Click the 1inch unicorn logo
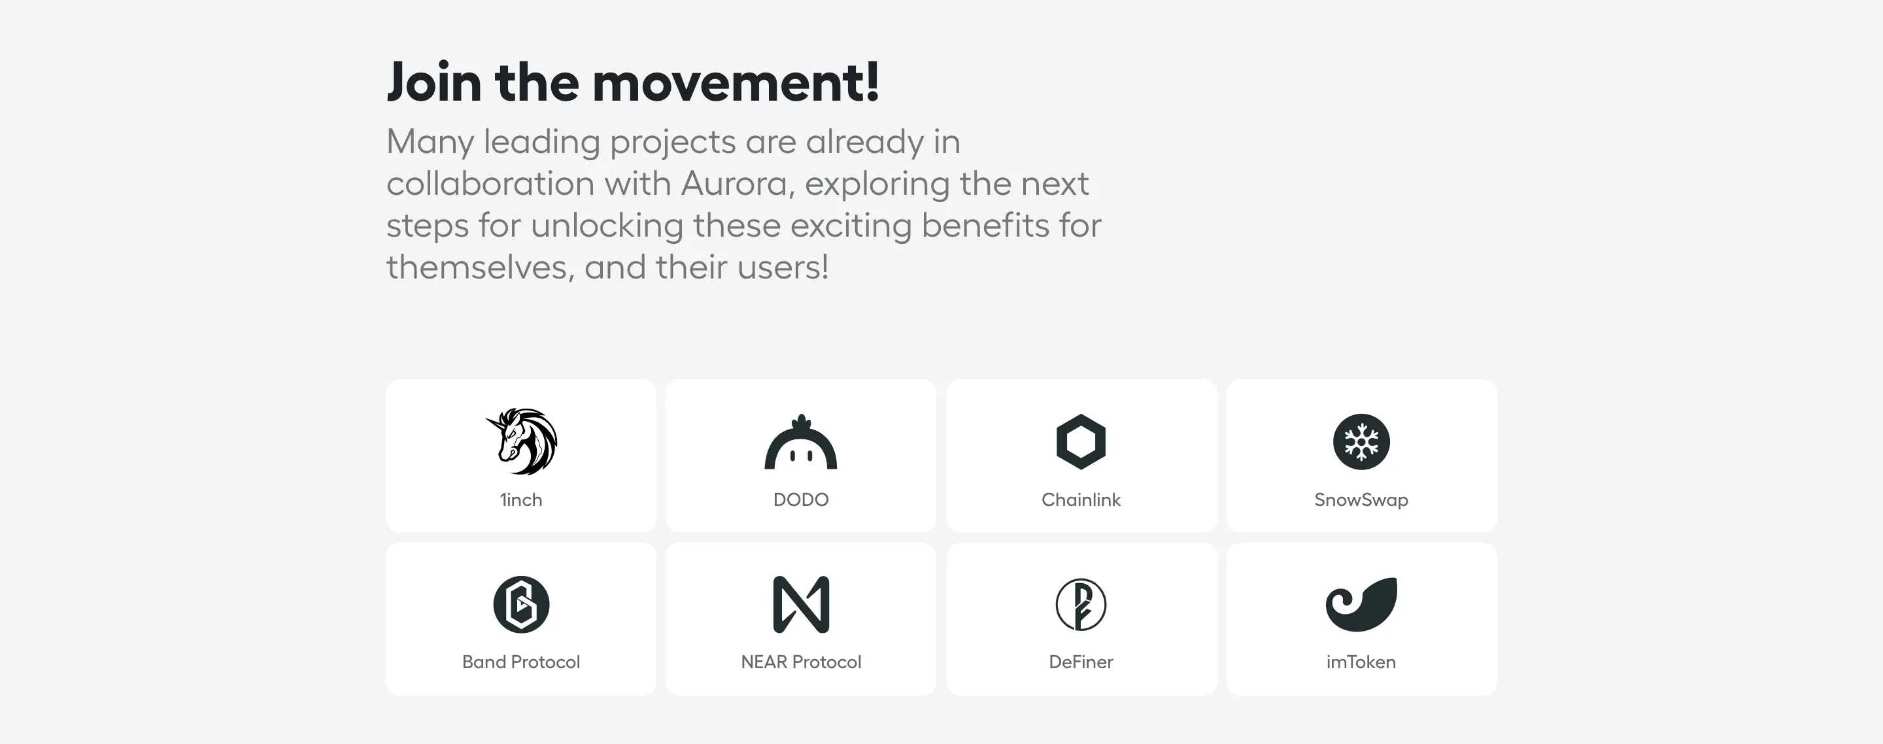[521, 441]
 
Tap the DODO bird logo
[800, 443]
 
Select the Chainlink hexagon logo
[1080, 441]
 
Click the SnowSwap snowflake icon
[1361, 441]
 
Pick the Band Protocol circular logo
[521, 604]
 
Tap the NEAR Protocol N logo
[800, 604]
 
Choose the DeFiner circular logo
[1080, 604]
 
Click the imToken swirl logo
[1361, 604]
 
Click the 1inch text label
[521, 500]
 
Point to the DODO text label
[800, 500]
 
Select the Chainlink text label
[1080, 500]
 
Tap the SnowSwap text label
[1361, 500]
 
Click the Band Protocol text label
[521, 662]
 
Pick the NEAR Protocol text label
[800, 662]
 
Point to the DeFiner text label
[1080, 662]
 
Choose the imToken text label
[1361, 662]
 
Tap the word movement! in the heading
[736, 82]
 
